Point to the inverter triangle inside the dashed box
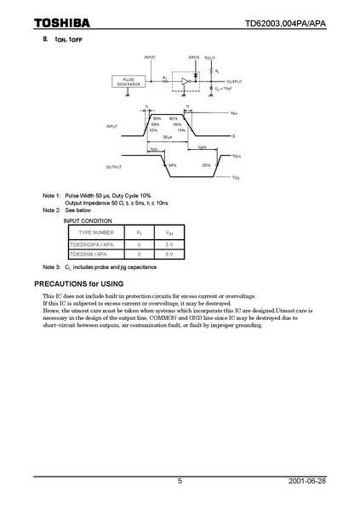pyautogui.click(x=186, y=82)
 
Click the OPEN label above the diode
pyautogui.click(x=194, y=59)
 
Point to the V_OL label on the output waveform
pyautogui.click(x=237, y=178)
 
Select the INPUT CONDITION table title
pyautogui.click(x=89, y=220)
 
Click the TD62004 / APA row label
pyautogui.click(x=89, y=254)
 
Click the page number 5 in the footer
pyautogui.click(x=180, y=481)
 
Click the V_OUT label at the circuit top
pyautogui.click(x=210, y=59)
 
